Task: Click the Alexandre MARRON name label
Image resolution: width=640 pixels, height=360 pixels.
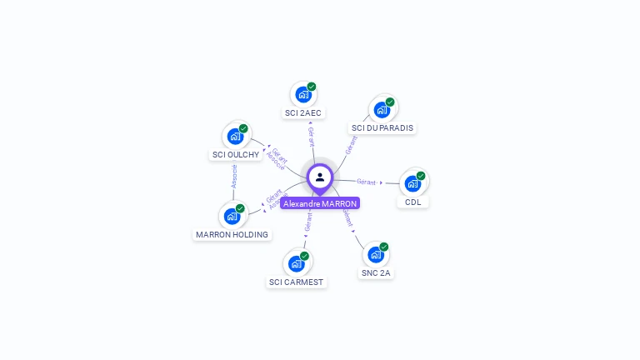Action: (x=320, y=203)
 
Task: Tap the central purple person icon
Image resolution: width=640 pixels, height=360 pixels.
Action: (x=320, y=177)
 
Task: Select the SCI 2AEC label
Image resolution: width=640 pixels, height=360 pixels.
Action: (x=303, y=112)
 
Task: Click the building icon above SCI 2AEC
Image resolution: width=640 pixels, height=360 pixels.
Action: (x=302, y=94)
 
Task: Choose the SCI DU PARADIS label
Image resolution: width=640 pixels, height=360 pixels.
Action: (x=382, y=127)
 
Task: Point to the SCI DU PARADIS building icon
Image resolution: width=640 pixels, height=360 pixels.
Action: (x=382, y=109)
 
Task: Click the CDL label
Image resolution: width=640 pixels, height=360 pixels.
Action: (x=413, y=202)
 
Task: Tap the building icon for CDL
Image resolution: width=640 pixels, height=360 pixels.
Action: (x=412, y=183)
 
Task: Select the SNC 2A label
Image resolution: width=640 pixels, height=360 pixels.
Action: (x=376, y=272)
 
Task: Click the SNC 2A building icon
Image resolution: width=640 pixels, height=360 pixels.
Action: (x=375, y=254)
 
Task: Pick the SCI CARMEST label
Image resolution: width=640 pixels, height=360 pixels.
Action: (x=296, y=282)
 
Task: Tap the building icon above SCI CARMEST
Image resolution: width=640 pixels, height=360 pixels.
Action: (x=296, y=263)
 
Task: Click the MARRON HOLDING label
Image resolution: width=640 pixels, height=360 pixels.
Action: (x=232, y=234)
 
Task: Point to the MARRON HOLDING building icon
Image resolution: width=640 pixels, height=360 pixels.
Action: (x=232, y=216)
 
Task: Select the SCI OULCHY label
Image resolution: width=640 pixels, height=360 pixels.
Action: (x=236, y=154)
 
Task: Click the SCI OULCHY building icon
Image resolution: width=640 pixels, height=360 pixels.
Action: (x=235, y=136)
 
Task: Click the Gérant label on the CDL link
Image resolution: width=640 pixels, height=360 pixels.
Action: (x=367, y=182)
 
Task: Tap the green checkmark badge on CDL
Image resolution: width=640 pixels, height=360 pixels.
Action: (x=421, y=176)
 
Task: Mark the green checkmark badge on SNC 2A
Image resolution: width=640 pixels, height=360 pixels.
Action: (x=384, y=247)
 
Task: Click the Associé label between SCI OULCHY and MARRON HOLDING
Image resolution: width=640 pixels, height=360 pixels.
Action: (x=234, y=176)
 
